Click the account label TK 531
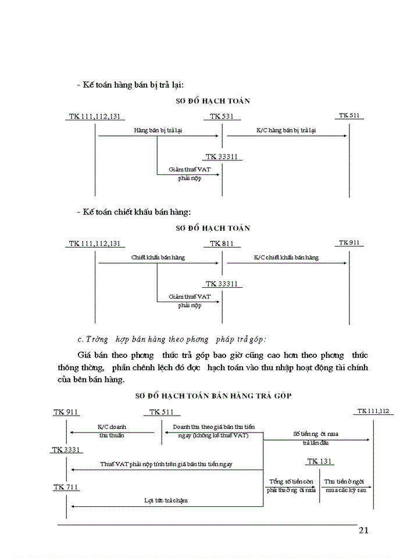[x=222, y=116]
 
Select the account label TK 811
[x=222, y=243]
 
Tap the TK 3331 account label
[x=66, y=449]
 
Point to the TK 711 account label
[x=66, y=487]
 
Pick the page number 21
[x=364, y=530]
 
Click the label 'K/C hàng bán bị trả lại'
[x=286, y=130]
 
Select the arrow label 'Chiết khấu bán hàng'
[x=158, y=257]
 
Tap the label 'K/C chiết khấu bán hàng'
[x=286, y=257]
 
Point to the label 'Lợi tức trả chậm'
[x=166, y=500]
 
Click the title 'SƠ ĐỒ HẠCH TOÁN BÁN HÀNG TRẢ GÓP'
[x=213, y=395]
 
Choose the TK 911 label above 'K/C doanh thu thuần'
[x=66, y=412]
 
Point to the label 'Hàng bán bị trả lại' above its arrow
[x=158, y=130]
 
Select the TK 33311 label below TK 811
[x=222, y=284]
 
